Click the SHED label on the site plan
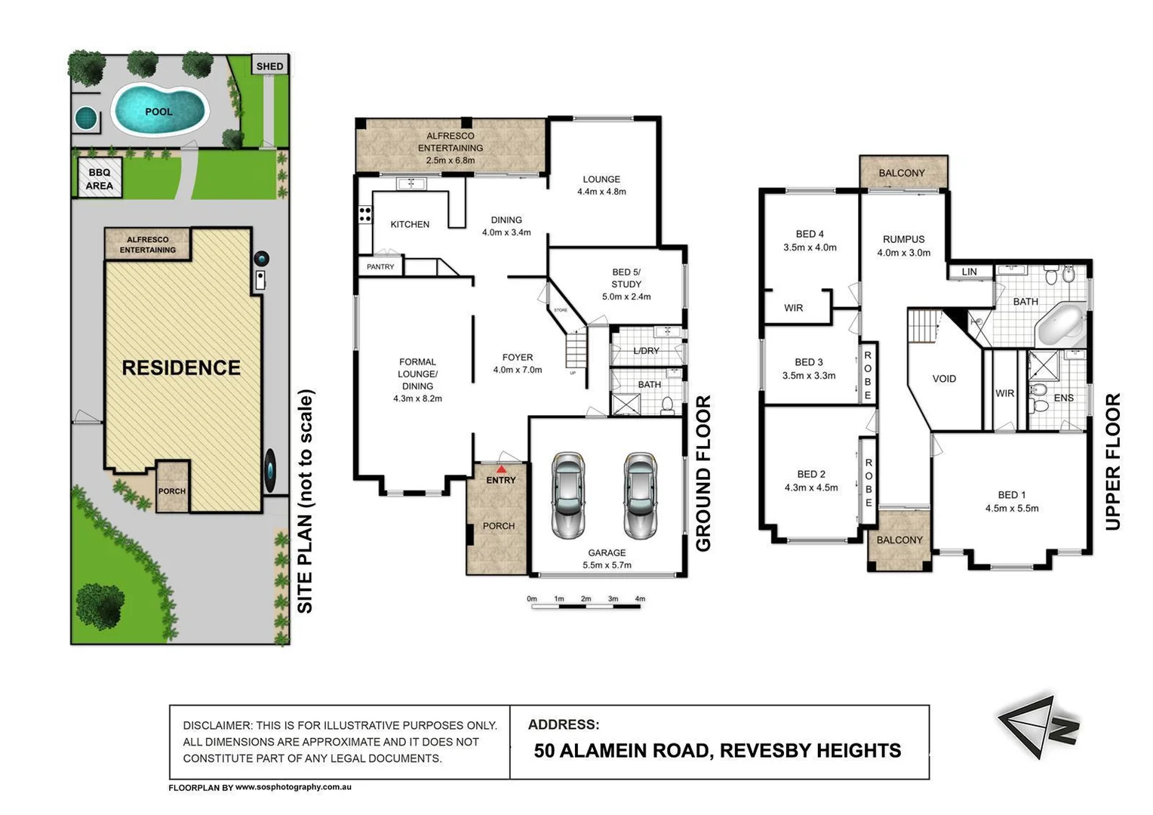(x=269, y=66)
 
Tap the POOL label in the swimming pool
(x=158, y=111)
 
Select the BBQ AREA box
(x=100, y=177)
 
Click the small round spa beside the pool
(x=86, y=118)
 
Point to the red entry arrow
(x=501, y=469)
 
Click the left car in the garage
(x=567, y=496)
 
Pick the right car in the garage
(x=640, y=496)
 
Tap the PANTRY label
(x=380, y=266)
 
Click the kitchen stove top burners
(x=365, y=214)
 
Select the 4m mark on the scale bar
(x=640, y=598)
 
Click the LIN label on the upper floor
(x=969, y=272)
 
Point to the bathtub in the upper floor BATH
(x=1062, y=325)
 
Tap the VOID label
(x=944, y=379)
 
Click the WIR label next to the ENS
(x=1004, y=393)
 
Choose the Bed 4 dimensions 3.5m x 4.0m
(x=810, y=247)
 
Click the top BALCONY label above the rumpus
(x=902, y=173)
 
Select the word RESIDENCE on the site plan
(x=181, y=368)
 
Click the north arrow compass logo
(x=1039, y=727)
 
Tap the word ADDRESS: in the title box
(x=564, y=724)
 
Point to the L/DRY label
(x=646, y=351)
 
